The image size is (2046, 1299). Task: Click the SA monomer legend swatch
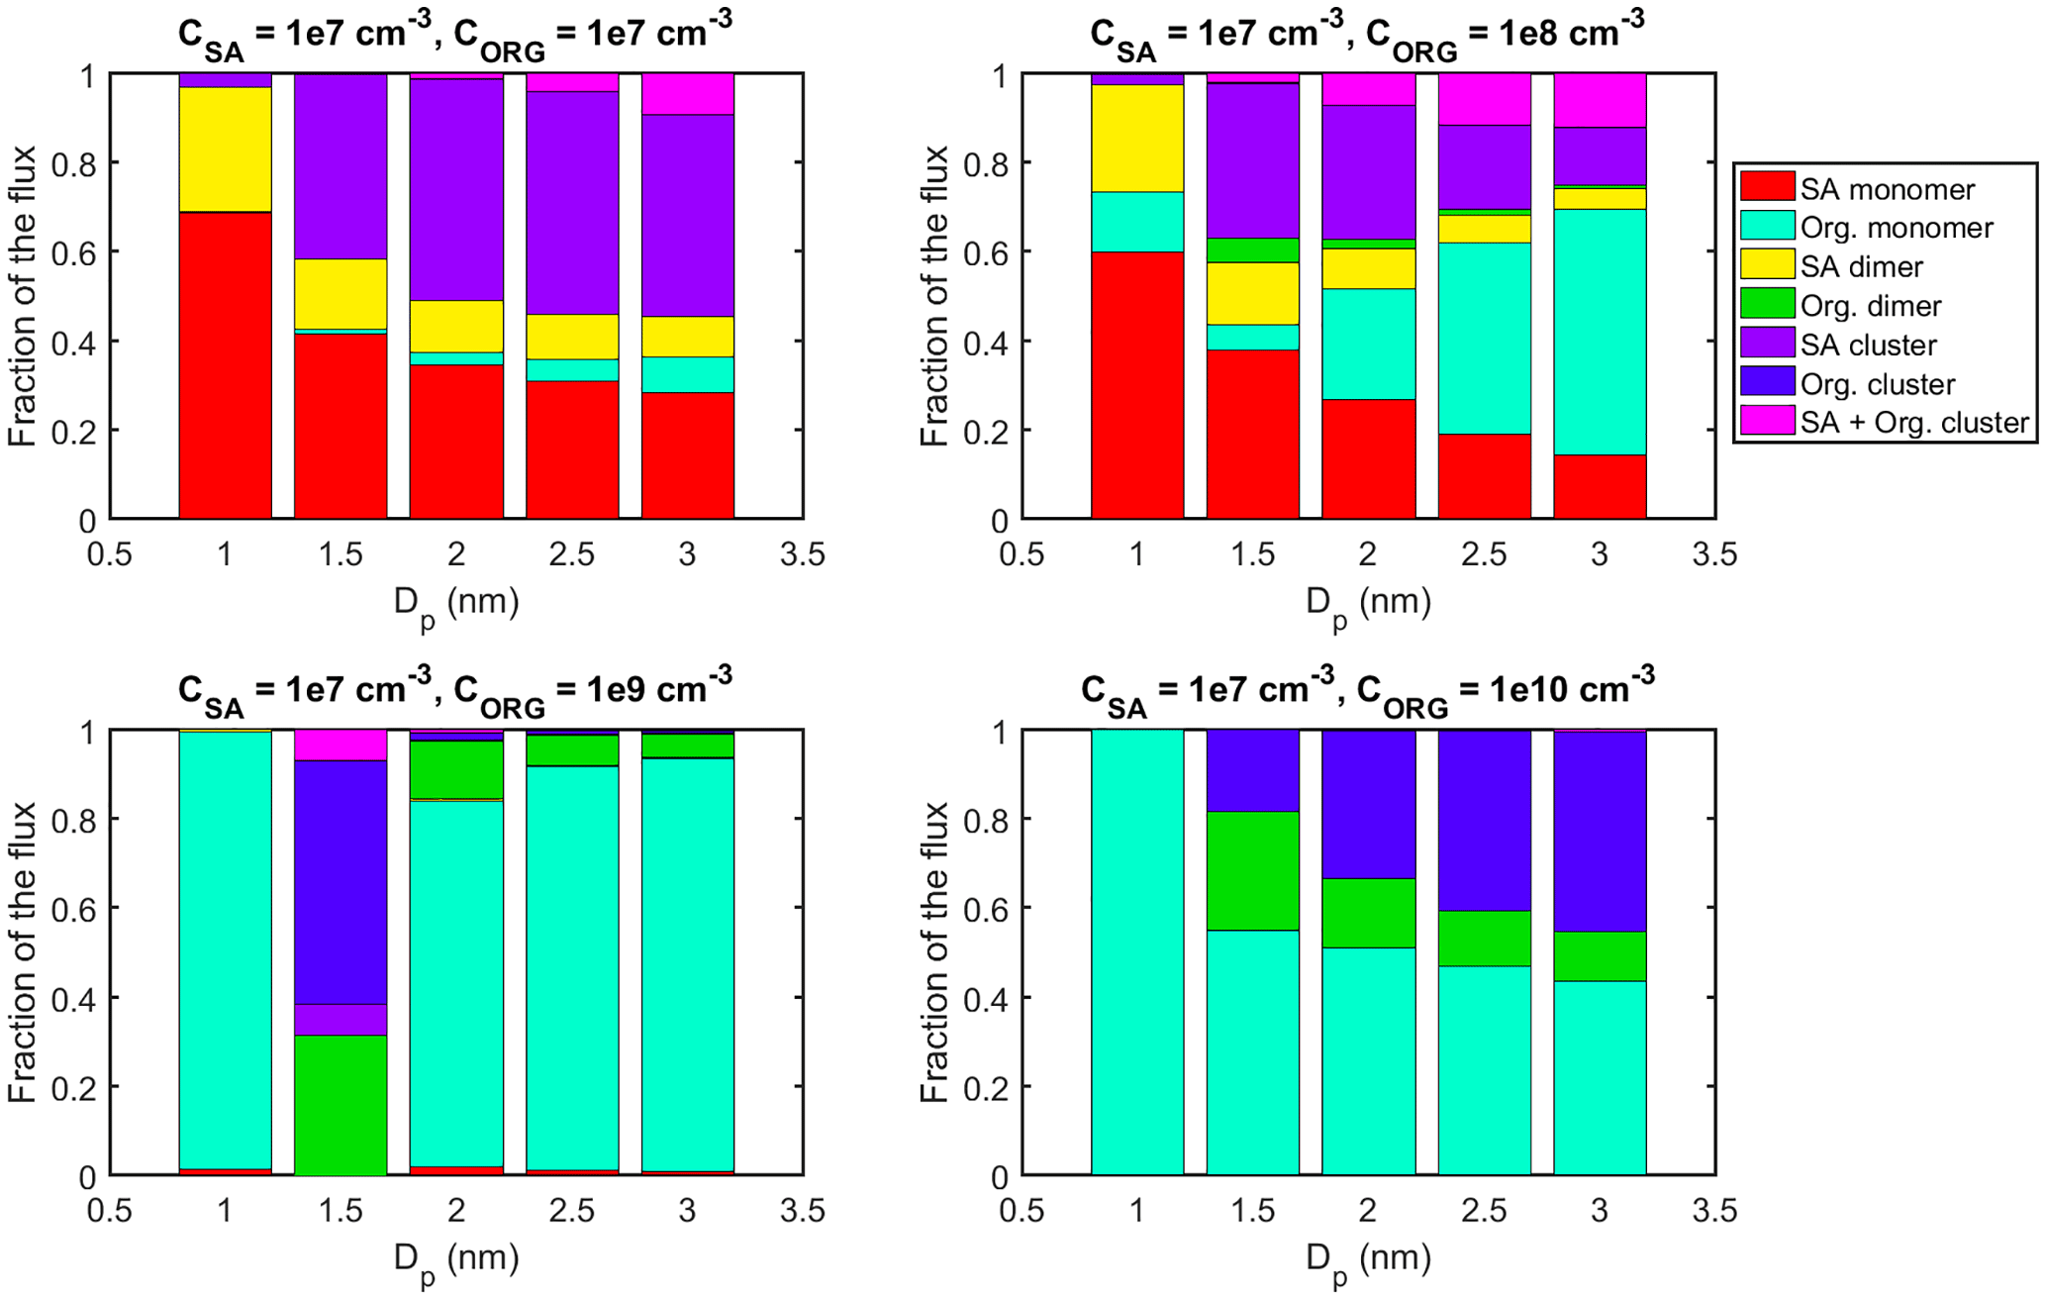click(1767, 187)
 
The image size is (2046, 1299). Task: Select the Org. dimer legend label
click(1870, 306)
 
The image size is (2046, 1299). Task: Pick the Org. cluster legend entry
click(1877, 384)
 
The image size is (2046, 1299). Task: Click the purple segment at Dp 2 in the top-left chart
click(456, 189)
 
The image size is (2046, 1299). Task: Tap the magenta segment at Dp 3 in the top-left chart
click(688, 94)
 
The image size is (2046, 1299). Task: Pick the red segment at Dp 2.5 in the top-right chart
click(1484, 475)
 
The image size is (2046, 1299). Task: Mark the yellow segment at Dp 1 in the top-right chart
click(1137, 138)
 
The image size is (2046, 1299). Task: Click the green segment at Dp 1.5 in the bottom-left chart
click(341, 1104)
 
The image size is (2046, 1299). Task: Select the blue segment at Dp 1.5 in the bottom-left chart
click(341, 881)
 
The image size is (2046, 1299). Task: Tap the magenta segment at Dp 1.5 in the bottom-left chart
click(341, 745)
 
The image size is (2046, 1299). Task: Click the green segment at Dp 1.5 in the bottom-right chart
click(1253, 870)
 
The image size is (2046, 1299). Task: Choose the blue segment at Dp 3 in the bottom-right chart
click(1600, 831)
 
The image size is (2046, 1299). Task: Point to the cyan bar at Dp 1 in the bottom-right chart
click(1137, 951)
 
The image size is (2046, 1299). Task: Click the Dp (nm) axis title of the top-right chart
click(1368, 602)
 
